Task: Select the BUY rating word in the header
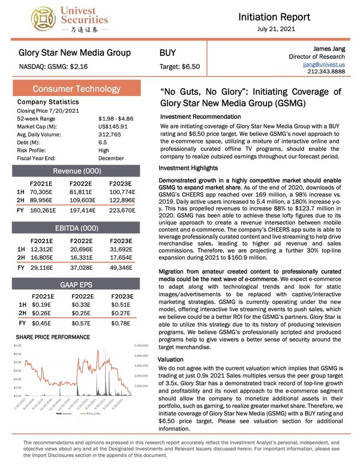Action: [x=167, y=53]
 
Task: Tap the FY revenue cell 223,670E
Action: [x=123, y=211]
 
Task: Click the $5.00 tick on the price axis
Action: [x=16, y=346]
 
